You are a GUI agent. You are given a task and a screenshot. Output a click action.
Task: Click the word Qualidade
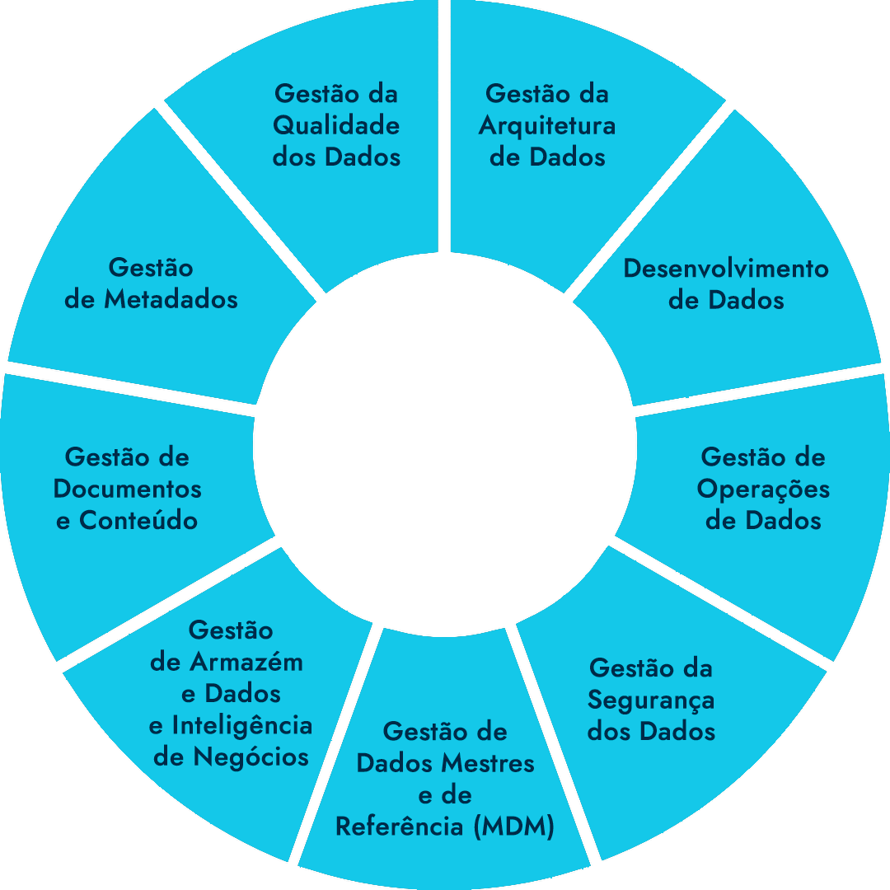336,126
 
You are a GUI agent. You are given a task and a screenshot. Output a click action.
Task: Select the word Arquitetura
547,126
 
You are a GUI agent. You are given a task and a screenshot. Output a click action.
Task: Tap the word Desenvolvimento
726,269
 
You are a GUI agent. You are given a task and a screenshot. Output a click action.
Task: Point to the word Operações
763,489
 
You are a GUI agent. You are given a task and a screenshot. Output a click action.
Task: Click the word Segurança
651,700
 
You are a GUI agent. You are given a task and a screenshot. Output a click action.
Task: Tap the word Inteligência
241,726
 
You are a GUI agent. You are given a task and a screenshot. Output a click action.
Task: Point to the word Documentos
128,489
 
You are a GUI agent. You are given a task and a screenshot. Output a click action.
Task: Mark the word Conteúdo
138,521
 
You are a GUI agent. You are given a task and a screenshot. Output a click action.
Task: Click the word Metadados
171,300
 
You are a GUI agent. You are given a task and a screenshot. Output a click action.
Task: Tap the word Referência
401,827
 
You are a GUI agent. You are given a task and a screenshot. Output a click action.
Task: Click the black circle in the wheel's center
445,445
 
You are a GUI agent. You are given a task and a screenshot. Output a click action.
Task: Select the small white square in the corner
866,866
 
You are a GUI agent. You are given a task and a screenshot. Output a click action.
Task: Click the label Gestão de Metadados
151,284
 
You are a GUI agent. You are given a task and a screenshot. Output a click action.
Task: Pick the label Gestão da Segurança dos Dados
651,700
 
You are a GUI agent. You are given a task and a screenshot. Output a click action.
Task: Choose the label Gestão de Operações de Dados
763,489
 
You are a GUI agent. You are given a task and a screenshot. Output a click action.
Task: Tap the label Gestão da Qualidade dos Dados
336,125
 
